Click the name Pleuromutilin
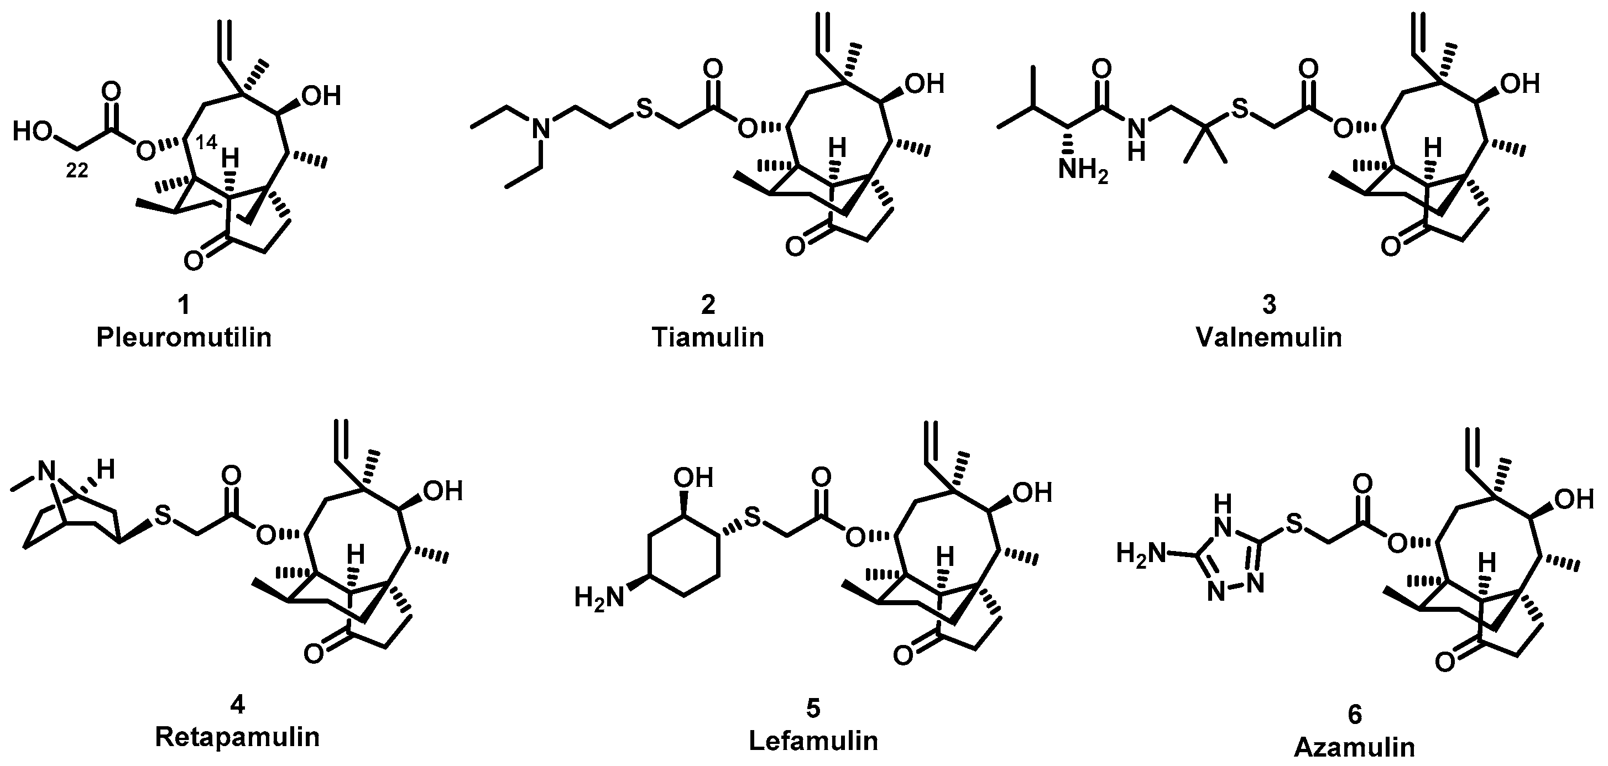click(x=184, y=338)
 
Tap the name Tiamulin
click(x=708, y=338)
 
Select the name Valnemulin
click(x=1269, y=338)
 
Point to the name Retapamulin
click(x=237, y=737)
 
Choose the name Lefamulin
click(x=813, y=741)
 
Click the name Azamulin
click(x=1355, y=747)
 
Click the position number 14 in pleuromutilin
click(x=207, y=142)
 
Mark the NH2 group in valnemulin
click(x=1082, y=170)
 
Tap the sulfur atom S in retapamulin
click(x=163, y=514)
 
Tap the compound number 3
click(x=1269, y=305)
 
